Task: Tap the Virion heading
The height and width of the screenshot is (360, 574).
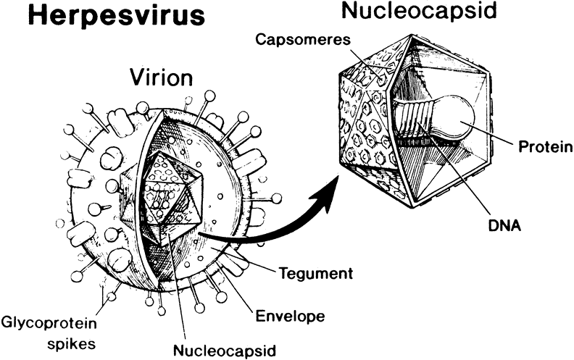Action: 160,77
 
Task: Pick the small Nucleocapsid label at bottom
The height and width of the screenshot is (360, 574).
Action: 225,351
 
